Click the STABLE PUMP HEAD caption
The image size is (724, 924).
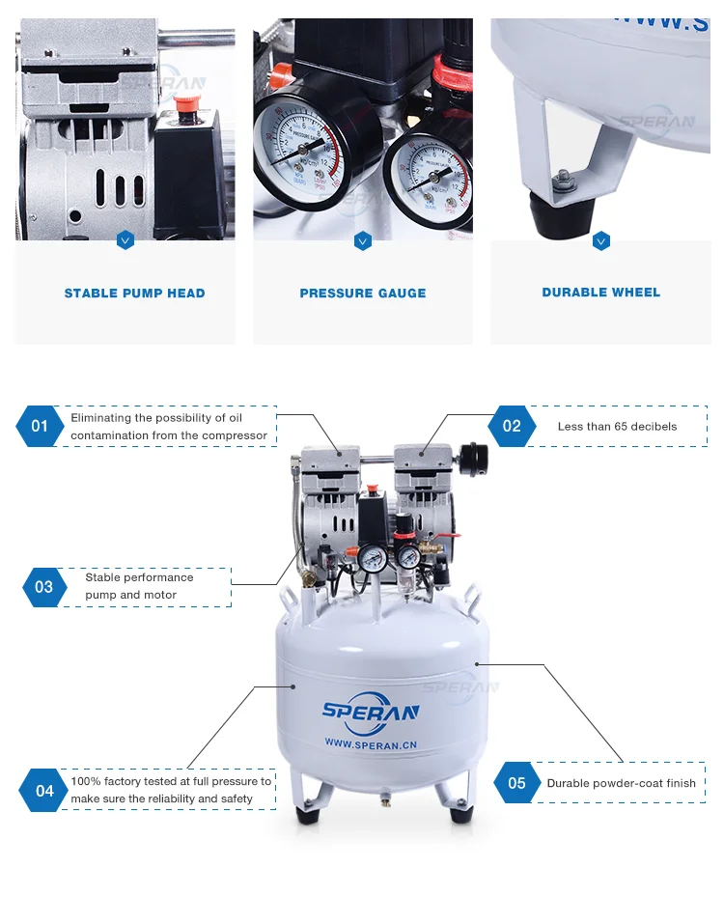point(134,294)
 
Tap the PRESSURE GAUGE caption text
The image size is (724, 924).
point(363,294)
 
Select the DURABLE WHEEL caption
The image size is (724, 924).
point(600,293)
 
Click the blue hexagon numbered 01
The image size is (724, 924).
point(40,426)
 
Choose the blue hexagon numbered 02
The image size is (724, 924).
point(512,426)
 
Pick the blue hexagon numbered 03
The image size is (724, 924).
point(44,587)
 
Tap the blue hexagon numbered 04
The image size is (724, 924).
point(44,791)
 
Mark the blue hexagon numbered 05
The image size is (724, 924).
point(517,783)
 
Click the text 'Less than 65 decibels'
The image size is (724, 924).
point(617,427)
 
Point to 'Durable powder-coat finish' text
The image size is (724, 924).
point(621,783)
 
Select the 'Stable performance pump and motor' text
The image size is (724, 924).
point(139,586)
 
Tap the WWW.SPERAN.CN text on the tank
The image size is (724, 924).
point(371,744)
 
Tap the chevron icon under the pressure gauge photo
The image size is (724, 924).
point(363,240)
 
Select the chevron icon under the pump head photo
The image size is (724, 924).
point(125,240)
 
